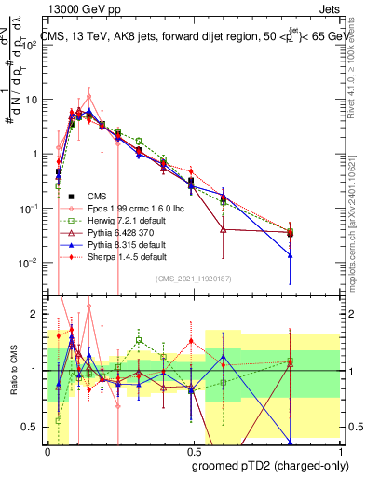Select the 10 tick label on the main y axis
pos(32,99)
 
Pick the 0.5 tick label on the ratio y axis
pos(31,427)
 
